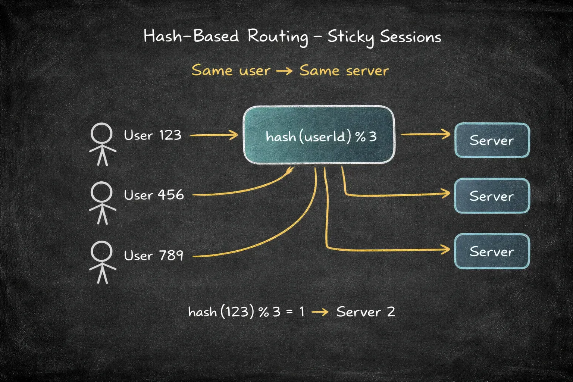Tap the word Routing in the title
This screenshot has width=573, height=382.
(x=278, y=37)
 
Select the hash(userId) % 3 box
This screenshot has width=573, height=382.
(x=319, y=135)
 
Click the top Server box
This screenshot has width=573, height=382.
(x=492, y=140)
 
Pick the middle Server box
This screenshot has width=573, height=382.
(x=492, y=196)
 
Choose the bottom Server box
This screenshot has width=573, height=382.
(x=492, y=251)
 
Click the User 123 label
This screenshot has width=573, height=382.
(x=153, y=135)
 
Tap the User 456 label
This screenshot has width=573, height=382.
(x=154, y=195)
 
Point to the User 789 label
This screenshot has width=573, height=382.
(x=153, y=255)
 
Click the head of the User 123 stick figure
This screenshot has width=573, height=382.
(x=101, y=133)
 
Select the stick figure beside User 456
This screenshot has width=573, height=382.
(x=102, y=203)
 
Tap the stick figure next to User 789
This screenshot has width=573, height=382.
(x=102, y=262)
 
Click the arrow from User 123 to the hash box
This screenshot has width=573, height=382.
(x=214, y=135)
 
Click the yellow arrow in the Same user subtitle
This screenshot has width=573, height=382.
(x=285, y=71)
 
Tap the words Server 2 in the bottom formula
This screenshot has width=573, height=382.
(x=366, y=312)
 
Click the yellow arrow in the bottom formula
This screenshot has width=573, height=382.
(x=320, y=312)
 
